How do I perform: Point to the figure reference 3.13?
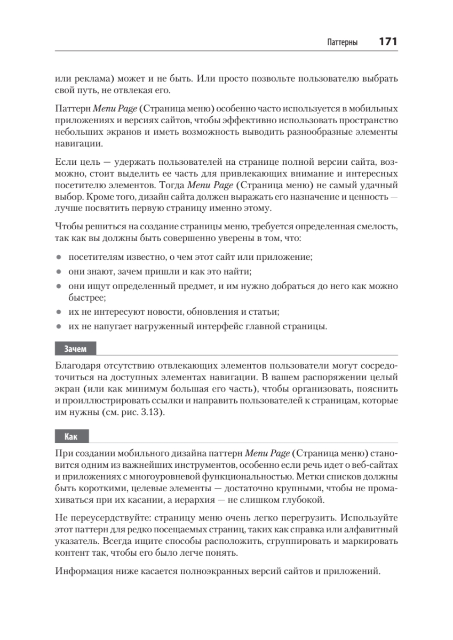147,413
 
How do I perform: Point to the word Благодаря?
78,366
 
